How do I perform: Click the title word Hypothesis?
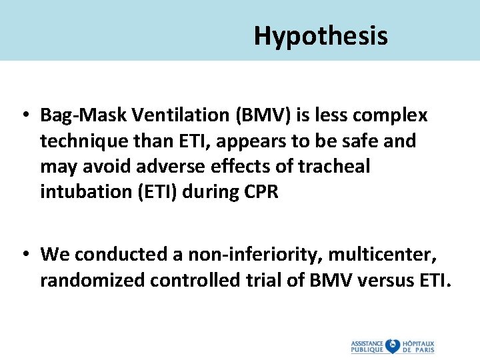(320, 36)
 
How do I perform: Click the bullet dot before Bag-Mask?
(24, 116)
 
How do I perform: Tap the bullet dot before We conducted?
(24, 255)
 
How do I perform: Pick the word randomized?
(92, 281)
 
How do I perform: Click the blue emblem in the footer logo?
(393, 346)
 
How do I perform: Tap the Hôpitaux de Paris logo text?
(419, 346)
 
